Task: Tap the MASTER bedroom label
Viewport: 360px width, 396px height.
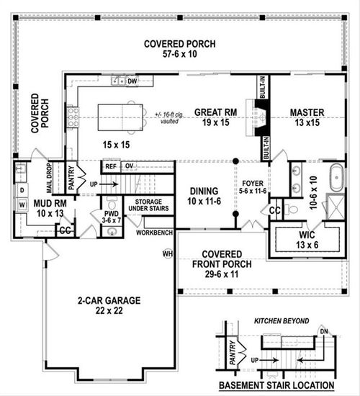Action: [307, 113]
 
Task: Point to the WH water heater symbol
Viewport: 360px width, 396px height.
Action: [167, 253]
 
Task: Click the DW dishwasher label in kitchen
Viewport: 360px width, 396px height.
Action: [132, 81]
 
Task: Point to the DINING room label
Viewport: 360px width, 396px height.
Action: [204, 192]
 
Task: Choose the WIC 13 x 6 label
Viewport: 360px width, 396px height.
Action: [305, 238]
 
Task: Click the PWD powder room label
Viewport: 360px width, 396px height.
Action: [112, 215]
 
